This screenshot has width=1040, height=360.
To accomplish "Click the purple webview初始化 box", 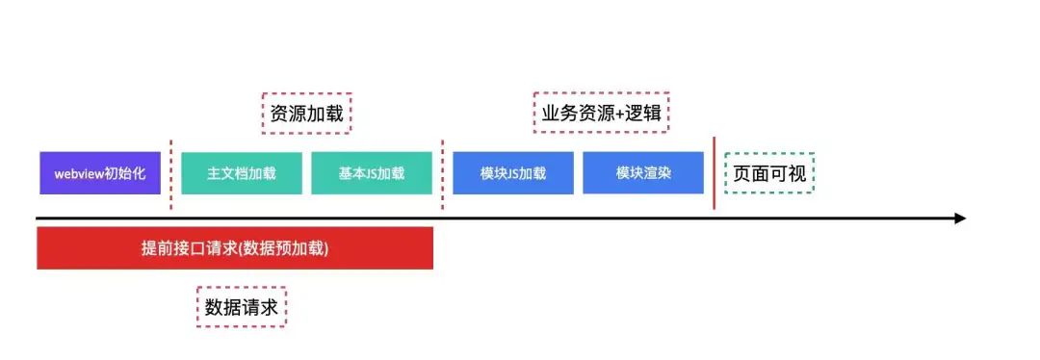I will (100, 173).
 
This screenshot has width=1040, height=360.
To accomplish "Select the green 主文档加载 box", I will (241, 173).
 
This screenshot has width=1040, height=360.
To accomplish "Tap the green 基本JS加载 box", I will (372, 173).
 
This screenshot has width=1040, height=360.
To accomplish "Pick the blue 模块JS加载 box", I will (512, 173).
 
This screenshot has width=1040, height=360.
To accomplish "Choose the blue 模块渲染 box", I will (643, 173).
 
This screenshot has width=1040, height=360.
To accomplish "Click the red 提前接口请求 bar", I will (235, 248).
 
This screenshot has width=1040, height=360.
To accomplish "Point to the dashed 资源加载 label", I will (307, 114).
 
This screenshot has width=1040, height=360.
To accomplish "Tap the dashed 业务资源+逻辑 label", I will (602, 114).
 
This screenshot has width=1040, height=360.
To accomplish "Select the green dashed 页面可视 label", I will (769, 173).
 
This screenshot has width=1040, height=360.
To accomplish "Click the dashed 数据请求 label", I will (242, 307).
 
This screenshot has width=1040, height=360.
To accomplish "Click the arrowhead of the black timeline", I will (959, 219).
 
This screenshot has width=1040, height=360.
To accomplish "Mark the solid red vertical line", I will (715, 173).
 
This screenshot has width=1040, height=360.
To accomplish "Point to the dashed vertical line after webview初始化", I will (171, 173).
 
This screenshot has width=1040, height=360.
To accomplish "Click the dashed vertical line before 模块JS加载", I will (443, 173).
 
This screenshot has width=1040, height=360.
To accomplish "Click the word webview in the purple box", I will (80, 174).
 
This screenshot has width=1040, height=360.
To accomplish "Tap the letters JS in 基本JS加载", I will (371, 174).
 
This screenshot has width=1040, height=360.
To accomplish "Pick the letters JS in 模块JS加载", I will (512, 174).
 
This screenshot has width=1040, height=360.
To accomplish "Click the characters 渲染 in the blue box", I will (658, 174).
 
